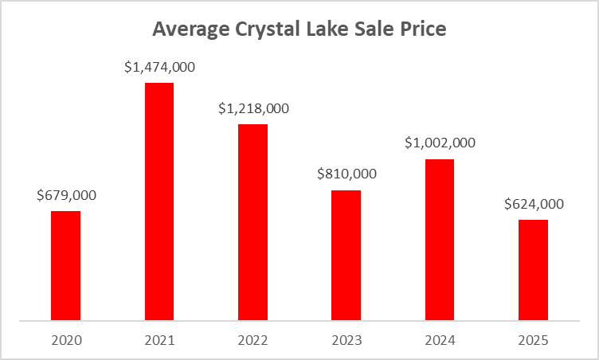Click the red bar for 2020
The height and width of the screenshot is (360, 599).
coord(65,266)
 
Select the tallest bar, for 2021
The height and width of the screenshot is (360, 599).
coord(159,202)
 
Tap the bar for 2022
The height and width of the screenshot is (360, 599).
coord(253,223)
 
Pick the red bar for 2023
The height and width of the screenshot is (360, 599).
coord(346,256)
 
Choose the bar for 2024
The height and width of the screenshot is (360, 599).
coord(439,240)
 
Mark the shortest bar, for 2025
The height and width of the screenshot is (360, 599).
coord(533,271)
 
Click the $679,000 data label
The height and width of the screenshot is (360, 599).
coord(66,195)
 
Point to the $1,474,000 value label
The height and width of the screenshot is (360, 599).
coord(159,67)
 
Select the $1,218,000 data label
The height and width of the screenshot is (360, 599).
coord(253,108)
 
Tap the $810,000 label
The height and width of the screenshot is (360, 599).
coord(346,174)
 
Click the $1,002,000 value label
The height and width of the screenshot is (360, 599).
coord(440,143)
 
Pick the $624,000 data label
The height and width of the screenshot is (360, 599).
coord(534,204)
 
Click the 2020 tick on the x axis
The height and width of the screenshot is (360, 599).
coord(65,341)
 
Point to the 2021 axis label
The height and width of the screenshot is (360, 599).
coord(159,341)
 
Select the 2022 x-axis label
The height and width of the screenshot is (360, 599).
coord(253,341)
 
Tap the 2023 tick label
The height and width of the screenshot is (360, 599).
coord(346,341)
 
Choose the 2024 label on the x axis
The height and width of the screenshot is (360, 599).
coord(439,341)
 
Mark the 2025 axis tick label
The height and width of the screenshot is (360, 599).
coord(533,341)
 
